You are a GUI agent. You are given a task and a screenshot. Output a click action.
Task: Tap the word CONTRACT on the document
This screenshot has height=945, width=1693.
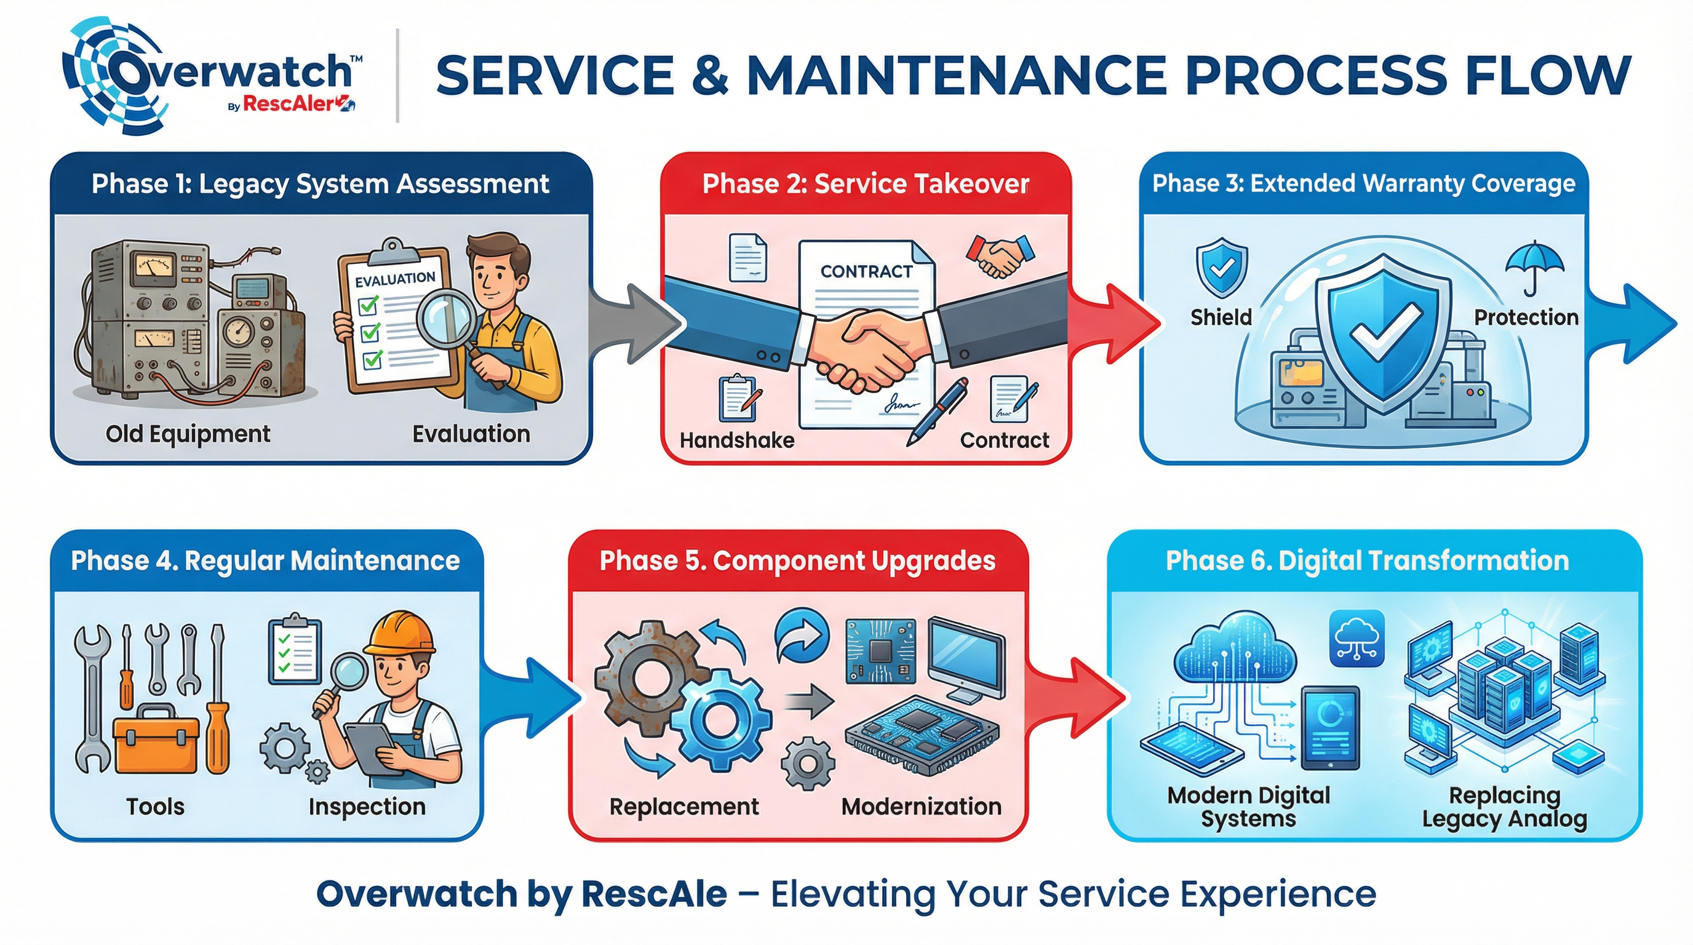866,271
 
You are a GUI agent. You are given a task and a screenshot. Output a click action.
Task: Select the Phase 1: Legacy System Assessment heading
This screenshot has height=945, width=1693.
320,184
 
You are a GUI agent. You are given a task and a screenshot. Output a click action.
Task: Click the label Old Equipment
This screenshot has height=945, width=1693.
188,434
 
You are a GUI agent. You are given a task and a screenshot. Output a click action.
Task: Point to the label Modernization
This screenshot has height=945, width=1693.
922,807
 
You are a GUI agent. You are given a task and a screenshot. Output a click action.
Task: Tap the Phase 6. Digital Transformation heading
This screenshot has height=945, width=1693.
1367,560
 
